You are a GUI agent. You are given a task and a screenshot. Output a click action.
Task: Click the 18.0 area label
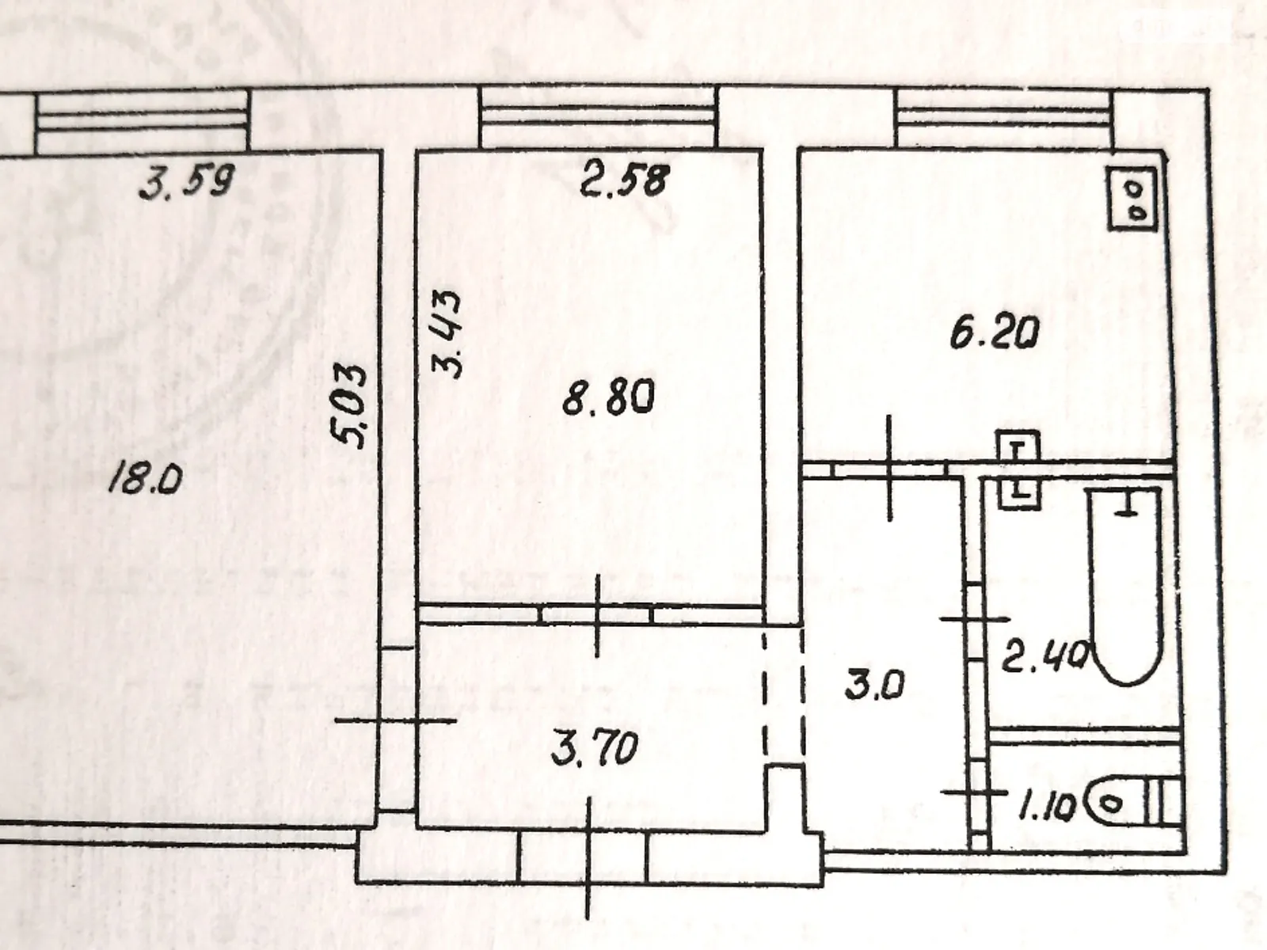(x=146, y=479)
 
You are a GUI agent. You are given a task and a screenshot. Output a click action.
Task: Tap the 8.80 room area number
(x=608, y=398)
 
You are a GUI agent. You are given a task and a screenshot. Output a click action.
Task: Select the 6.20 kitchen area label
(x=994, y=335)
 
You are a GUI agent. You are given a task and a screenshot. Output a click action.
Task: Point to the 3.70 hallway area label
(x=595, y=748)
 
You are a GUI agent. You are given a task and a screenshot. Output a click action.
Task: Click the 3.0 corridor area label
(x=874, y=683)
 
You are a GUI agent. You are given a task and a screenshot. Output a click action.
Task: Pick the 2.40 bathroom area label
(x=1044, y=655)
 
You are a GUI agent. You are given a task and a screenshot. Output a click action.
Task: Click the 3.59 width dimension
(x=187, y=184)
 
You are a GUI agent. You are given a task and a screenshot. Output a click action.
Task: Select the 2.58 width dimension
(x=626, y=180)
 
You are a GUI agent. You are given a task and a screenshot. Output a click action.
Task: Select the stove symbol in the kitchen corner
(x=1133, y=200)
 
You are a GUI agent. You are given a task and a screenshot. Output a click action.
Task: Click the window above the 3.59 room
(x=143, y=120)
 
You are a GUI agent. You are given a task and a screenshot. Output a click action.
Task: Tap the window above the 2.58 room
(x=599, y=117)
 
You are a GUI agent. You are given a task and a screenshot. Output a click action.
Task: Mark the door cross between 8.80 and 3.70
(x=598, y=615)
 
